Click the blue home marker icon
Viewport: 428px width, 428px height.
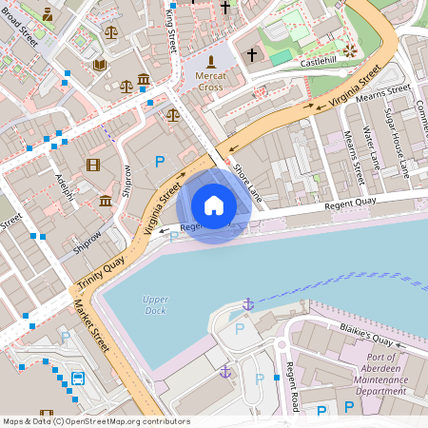pos(214,204)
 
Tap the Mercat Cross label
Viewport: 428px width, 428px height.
pos(210,81)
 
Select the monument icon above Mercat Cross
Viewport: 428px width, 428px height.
pos(210,61)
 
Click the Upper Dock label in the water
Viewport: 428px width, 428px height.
pos(155,304)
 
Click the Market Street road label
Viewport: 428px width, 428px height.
pos(91,324)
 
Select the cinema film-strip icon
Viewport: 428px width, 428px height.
pos(92,165)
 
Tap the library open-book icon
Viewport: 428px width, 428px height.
pos(99,65)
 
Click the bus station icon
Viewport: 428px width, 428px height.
pos(78,379)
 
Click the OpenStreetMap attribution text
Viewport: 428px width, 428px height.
pos(95,421)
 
